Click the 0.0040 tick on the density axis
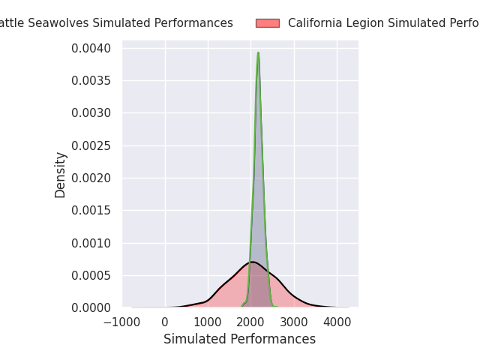click(92, 49)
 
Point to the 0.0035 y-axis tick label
click(92, 81)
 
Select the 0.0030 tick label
click(92, 113)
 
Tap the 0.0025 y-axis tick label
click(92, 145)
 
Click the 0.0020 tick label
click(92, 178)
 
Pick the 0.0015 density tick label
click(92, 211)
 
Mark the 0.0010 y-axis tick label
click(92, 243)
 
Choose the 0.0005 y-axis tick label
click(92, 275)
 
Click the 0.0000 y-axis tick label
click(92, 307)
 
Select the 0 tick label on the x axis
click(166, 322)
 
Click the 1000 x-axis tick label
click(208, 322)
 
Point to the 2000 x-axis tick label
click(251, 322)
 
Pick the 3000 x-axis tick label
click(295, 322)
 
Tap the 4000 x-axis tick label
click(337, 322)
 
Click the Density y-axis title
click(61, 175)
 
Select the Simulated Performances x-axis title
click(240, 340)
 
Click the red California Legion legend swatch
click(268, 23)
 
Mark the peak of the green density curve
click(258, 53)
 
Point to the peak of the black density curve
click(253, 262)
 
